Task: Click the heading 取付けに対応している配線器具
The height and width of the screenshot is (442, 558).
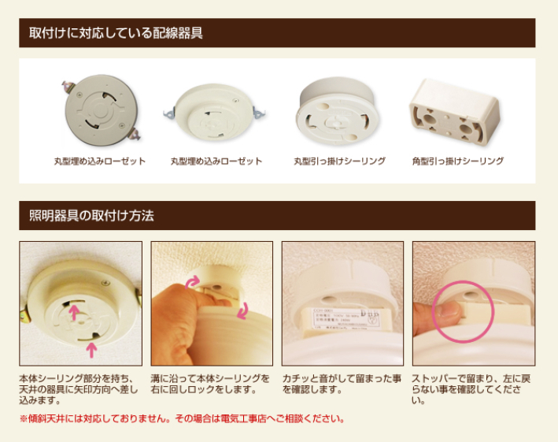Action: (116, 33)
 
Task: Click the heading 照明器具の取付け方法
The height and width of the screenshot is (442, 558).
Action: (91, 215)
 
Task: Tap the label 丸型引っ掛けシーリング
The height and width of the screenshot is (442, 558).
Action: (339, 161)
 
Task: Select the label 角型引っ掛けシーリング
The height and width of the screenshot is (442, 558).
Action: (457, 161)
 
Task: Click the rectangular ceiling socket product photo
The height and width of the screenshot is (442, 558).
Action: (455, 111)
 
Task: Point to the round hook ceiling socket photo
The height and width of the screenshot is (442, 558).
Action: (337, 111)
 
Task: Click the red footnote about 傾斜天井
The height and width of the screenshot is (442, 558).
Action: (182, 418)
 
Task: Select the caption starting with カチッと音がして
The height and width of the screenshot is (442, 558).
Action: (342, 384)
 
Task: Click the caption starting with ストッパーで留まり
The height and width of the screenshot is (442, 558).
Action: (471, 389)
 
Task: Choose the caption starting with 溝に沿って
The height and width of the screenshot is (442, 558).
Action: (210, 384)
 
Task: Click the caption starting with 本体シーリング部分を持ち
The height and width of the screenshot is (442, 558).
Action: (78, 389)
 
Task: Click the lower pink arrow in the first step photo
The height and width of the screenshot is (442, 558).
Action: (92, 350)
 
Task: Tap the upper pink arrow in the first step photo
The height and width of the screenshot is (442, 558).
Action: (74, 312)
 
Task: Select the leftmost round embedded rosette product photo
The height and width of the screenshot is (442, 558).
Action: (101, 110)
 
